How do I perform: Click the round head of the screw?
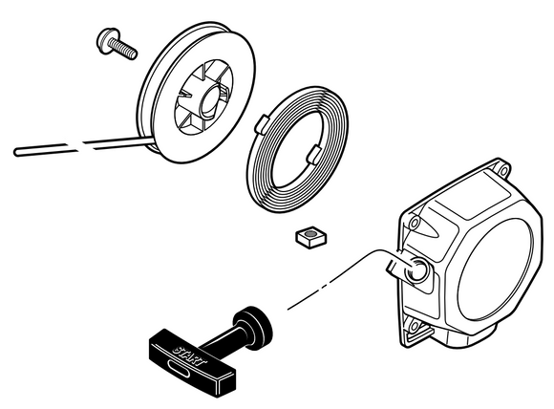point(106,41)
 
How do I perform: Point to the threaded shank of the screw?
point(123,49)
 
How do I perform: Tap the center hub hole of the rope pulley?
point(211,100)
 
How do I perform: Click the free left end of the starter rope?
point(16,152)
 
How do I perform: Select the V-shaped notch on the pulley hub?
point(186,95)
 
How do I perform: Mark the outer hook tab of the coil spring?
point(262,124)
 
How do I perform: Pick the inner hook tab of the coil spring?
point(313,155)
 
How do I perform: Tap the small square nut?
point(311,236)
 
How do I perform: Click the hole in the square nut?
point(310,233)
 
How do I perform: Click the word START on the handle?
point(189,355)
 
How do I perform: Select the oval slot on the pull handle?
point(181,369)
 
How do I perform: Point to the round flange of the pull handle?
point(253,328)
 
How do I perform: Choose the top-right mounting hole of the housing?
point(503,171)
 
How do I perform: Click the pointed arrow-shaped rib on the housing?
point(428,227)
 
